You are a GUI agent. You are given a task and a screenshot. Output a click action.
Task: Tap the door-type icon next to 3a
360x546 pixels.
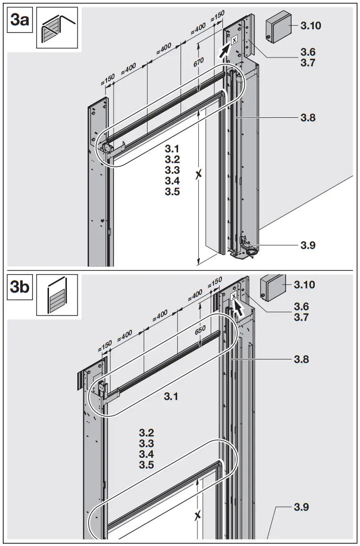[x=57, y=30]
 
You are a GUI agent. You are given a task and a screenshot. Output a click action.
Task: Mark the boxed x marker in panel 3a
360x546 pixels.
[x=234, y=41]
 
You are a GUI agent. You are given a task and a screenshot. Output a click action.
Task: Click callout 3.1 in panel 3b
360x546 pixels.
[x=171, y=397]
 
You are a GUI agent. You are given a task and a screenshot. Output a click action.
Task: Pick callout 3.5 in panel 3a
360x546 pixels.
[x=172, y=192]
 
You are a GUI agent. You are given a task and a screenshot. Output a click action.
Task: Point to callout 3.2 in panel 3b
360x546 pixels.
[x=147, y=433]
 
